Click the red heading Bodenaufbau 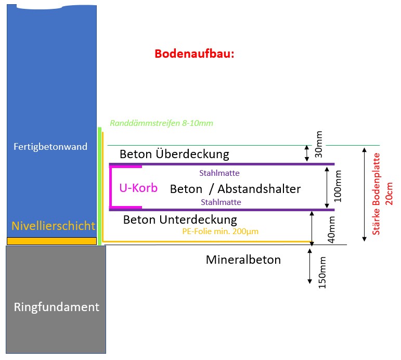(x=195, y=54)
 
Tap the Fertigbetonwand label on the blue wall (x=50, y=147)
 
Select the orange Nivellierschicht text (x=54, y=226)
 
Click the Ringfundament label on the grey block (x=56, y=307)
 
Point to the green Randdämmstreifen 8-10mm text (x=162, y=124)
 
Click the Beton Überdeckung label (x=174, y=154)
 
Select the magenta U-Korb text (x=138, y=188)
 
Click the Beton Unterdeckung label (x=180, y=219)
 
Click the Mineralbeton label (x=243, y=260)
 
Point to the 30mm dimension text (x=319, y=144)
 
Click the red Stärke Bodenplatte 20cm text (x=382, y=194)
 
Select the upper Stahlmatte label (x=219, y=173)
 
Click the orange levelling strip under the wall (x=51, y=241)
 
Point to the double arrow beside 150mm (x=311, y=266)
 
